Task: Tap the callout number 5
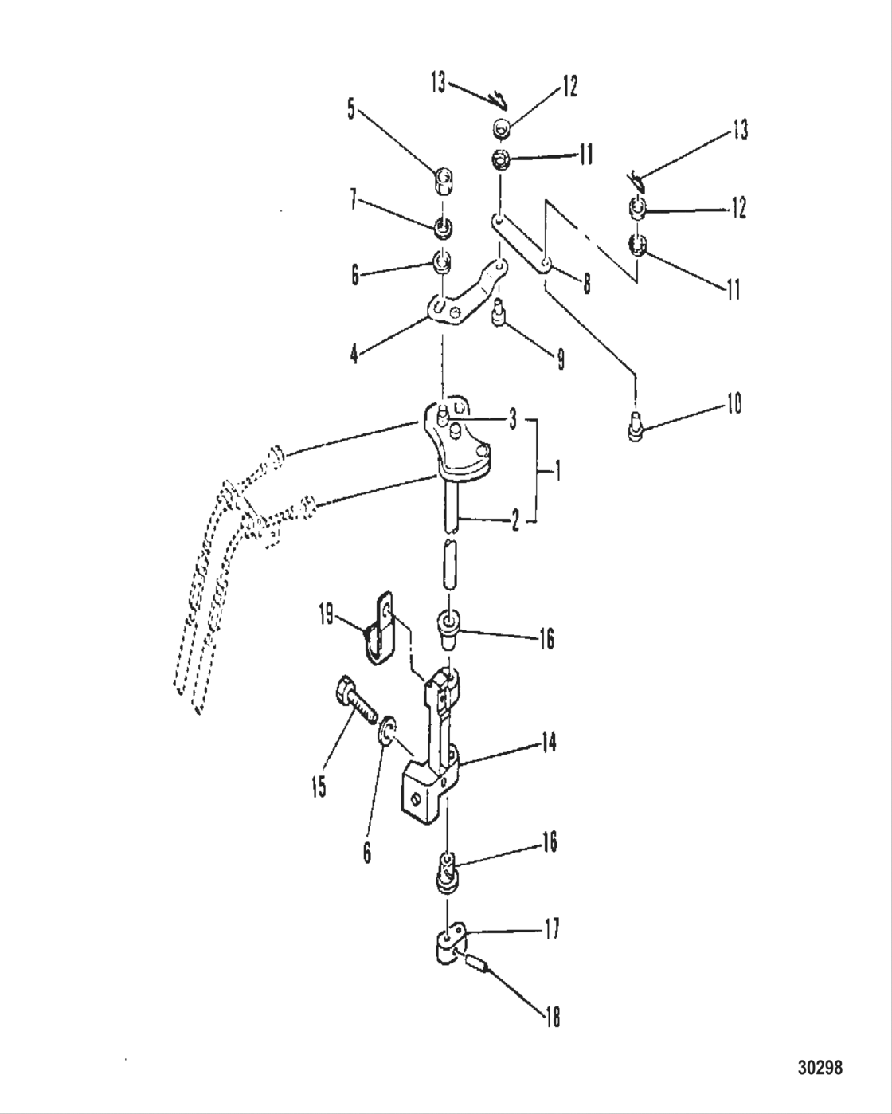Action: (350, 109)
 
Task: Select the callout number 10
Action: (734, 404)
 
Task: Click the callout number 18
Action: (552, 1017)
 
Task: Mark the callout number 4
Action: (354, 353)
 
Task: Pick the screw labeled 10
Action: (635, 426)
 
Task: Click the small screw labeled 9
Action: (499, 312)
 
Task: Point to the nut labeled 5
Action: (445, 182)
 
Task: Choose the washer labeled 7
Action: (444, 229)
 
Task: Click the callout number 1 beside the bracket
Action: (558, 473)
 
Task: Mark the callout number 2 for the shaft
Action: (515, 522)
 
